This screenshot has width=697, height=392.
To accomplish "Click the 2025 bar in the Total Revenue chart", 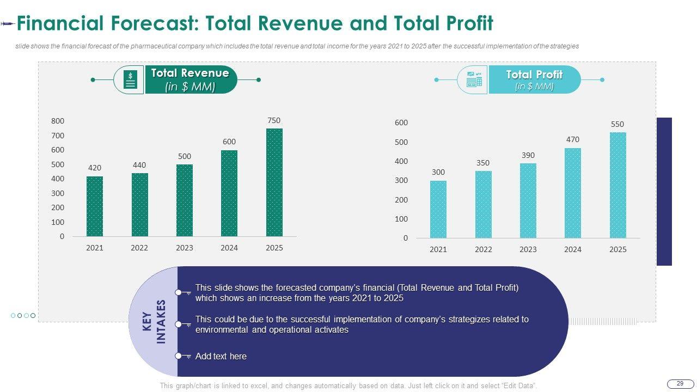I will (x=274, y=182).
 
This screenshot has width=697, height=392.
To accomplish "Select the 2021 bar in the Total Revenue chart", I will (x=94, y=206).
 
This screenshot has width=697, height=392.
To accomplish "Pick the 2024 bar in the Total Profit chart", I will (x=572, y=193).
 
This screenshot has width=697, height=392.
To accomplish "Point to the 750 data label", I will (x=274, y=120).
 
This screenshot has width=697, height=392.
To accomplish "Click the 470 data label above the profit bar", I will (x=572, y=139).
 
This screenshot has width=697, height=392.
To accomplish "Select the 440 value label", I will (x=139, y=165).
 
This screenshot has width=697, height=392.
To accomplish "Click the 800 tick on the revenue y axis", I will (x=58, y=121).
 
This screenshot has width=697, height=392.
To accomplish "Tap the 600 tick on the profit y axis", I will (x=401, y=123).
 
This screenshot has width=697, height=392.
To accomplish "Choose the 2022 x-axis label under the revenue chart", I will (x=139, y=248).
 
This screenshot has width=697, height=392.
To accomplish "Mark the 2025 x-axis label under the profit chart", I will (x=617, y=249).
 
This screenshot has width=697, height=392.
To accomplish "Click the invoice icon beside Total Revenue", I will (x=130, y=80).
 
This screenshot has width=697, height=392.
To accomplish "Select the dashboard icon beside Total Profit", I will (x=474, y=80).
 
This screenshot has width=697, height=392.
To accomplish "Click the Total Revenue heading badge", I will (x=190, y=79).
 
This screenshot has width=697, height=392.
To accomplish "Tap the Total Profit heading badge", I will (x=534, y=79).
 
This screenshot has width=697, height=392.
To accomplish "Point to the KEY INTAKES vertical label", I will (x=154, y=321).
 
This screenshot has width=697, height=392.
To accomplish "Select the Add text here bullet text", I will (x=221, y=356).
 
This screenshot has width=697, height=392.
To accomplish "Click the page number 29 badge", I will (x=680, y=384).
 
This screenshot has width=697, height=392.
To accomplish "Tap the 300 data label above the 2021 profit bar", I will (x=438, y=172).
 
